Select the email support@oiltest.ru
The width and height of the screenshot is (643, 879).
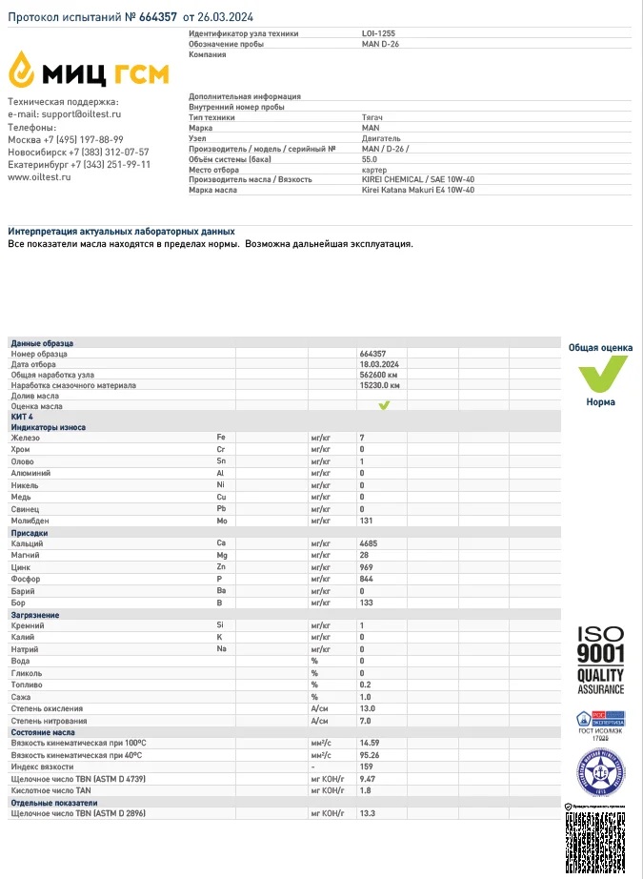pos(80,114)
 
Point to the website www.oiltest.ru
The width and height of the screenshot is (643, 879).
pos(39,176)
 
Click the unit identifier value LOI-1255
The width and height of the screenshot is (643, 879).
pos(377,33)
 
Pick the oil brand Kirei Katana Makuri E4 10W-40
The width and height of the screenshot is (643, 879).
pos(418,190)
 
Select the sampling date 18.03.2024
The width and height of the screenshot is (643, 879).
pos(379,364)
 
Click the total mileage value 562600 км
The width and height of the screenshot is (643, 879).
pos(378,375)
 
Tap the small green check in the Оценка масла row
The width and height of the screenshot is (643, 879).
pos(384,405)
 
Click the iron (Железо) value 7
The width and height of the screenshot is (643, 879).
pos(362,438)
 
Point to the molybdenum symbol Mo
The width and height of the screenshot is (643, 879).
pos(222,521)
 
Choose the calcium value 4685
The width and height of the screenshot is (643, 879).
pos(369,542)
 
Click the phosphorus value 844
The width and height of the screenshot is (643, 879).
pos(367,579)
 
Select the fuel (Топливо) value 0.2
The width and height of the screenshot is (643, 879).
pos(365,685)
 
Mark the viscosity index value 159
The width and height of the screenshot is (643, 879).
pos(366,767)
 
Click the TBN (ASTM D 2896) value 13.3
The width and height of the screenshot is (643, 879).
pos(367,814)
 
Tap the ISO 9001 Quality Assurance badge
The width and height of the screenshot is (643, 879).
pos(600,660)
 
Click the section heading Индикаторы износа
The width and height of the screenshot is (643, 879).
pos(48,427)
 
